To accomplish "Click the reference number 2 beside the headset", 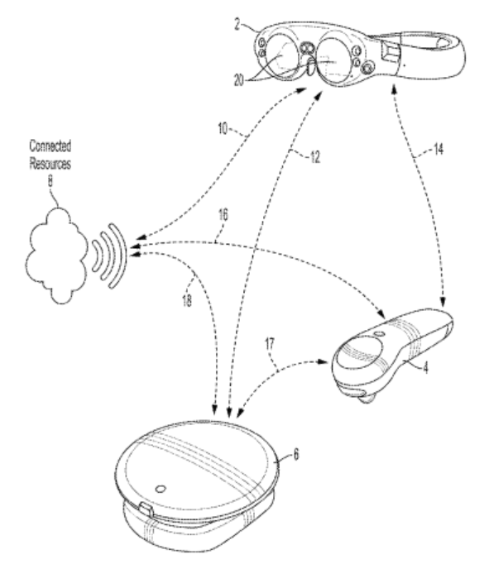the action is pyautogui.click(x=237, y=25).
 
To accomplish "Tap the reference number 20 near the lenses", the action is pyautogui.click(x=239, y=80).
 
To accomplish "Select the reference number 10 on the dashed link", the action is pyautogui.click(x=223, y=128).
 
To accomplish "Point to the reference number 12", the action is pyautogui.click(x=315, y=157).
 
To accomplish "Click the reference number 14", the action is pyautogui.click(x=438, y=149).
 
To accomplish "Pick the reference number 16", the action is pyautogui.click(x=223, y=215).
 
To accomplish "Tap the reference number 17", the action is pyautogui.click(x=270, y=344).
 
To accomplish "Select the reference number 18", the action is pyautogui.click(x=187, y=300).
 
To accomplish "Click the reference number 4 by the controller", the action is pyautogui.click(x=425, y=368).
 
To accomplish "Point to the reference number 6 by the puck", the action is pyautogui.click(x=295, y=454).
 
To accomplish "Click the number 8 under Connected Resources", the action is pyautogui.click(x=50, y=180).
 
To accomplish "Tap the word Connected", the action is pyautogui.click(x=50, y=146).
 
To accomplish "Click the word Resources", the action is pyautogui.click(x=50, y=163).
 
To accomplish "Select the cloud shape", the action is pyautogui.click(x=56, y=256).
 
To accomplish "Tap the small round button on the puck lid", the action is pyautogui.click(x=161, y=489).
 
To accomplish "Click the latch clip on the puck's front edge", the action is pyautogui.click(x=146, y=509).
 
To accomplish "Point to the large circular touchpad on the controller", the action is pyautogui.click(x=361, y=352).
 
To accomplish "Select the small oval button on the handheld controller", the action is pyautogui.click(x=379, y=333).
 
